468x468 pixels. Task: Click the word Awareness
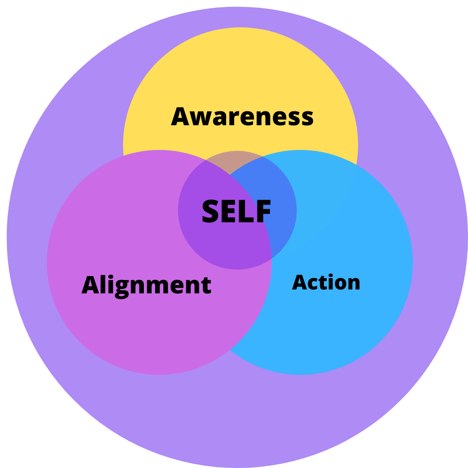(242, 117)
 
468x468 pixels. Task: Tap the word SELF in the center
(237, 211)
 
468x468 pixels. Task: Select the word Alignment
(146, 285)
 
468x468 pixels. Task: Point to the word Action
(326, 283)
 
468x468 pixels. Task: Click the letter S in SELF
(211, 211)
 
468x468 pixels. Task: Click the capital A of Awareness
(180, 117)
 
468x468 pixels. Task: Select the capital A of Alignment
(89, 285)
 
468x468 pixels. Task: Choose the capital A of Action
(299, 283)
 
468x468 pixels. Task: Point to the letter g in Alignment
(122, 289)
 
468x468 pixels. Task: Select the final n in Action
(354, 284)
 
